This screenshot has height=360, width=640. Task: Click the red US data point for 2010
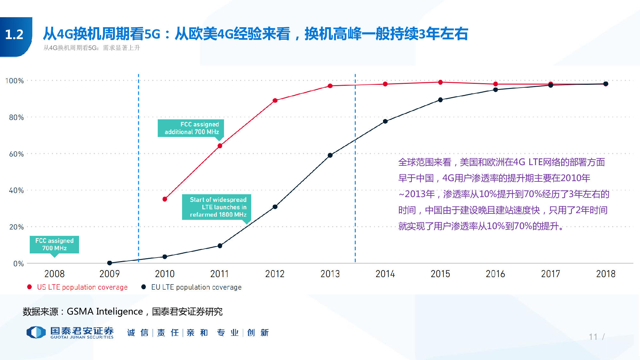pos(165,199)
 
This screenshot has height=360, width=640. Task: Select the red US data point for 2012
pos(275,100)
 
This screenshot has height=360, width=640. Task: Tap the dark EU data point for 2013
pos(330,155)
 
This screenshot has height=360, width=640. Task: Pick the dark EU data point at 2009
pos(109,263)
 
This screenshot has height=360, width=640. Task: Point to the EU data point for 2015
pos(440,100)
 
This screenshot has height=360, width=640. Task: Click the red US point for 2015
pos(440,82)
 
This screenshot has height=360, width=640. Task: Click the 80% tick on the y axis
pos(16,117)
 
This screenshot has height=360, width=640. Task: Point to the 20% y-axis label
pos(16,227)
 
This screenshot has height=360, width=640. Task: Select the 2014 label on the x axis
pos(385,274)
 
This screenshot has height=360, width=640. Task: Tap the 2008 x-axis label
pos(54,274)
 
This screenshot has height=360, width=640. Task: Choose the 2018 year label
pos(605,274)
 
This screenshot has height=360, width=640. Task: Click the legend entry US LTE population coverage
pos(82,287)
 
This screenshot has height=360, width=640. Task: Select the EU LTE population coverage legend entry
pos(196,287)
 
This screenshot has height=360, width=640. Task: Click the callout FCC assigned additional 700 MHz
pos(191,128)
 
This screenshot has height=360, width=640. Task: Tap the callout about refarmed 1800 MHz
pos(217,207)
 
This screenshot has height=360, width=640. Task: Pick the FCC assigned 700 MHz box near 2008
pos(54,244)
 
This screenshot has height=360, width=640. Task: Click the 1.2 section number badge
pos(15,35)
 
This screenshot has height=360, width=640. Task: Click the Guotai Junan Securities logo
pos(70,332)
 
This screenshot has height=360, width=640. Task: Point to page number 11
pos(593,337)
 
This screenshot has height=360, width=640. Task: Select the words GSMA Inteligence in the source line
pos(105,311)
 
